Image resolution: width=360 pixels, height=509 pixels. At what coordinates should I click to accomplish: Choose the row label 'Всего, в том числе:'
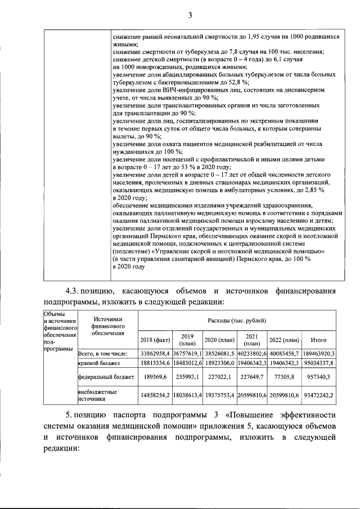tap(103, 353)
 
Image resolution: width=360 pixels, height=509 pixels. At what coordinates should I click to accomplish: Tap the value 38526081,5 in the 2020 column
tap(220, 353)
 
